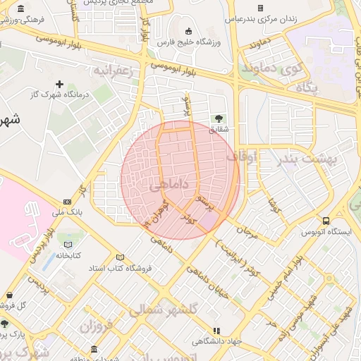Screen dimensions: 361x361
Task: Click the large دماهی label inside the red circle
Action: [169, 185]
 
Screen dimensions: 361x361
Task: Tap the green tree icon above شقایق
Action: [217, 118]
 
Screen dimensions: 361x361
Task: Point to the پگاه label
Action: [307, 88]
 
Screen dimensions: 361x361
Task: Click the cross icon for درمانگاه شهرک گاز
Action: [59, 84]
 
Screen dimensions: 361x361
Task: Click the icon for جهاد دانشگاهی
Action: [216, 330]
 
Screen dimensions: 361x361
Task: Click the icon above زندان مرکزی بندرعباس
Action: [259, 8]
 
